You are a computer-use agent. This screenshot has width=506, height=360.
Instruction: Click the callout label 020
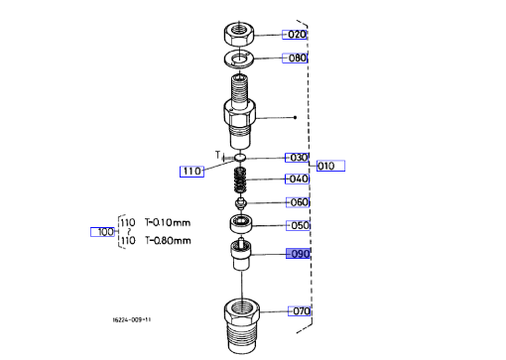[x=295, y=35]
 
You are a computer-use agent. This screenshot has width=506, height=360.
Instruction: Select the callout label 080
[x=295, y=58]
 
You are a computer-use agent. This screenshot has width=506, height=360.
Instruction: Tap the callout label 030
[x=297, y=158]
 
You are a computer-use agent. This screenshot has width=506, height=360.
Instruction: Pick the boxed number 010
[x=330, y=166]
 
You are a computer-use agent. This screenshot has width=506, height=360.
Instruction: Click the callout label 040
[x=297, y=179]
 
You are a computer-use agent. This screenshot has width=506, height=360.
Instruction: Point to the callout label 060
[x=298, y=202]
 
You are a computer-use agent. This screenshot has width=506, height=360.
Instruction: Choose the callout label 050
[x=298, y=225]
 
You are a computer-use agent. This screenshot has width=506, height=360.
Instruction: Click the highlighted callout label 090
[x=298, y=254]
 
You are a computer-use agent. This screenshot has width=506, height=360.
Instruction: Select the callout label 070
[x=300, y=311]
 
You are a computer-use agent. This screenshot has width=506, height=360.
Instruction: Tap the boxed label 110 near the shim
[x=191, y=172]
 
